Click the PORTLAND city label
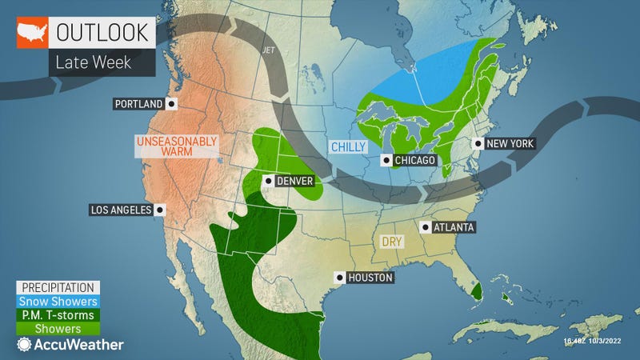pyautogui.click(x=138, y=104)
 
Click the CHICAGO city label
pyautogui.click(x=414, y=161)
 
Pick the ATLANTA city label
pyautogui.click(x=453, y=227)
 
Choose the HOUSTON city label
pyautogui.click(x=370, y=278)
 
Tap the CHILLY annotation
pyautogui.click(x=348, y=146)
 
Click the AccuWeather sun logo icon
pyautogui.click(x=24, y=345)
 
